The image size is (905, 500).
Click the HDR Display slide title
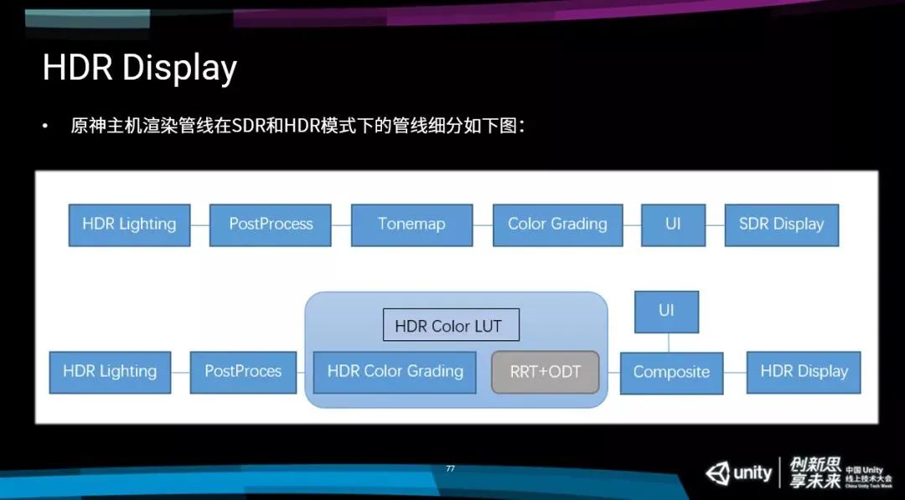139,68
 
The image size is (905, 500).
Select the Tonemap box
411,224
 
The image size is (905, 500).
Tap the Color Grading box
557,224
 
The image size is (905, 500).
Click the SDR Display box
781,224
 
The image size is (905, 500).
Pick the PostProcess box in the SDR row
271,224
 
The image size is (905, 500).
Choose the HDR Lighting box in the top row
129,224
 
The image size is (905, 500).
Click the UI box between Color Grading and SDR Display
673,224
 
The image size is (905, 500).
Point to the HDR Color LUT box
451,326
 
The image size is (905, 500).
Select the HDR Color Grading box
395,372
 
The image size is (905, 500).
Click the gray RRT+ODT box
546,372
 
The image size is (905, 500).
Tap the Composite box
671,373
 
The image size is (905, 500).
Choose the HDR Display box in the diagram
804,372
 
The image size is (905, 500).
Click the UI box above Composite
666,311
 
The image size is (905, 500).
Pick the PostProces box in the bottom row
243,372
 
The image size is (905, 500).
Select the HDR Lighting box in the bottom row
110,372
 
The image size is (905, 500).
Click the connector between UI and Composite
668,343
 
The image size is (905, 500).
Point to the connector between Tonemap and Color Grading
482,224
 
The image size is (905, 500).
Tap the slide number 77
450,469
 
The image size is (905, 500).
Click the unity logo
738,473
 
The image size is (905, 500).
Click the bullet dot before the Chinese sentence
45,126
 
